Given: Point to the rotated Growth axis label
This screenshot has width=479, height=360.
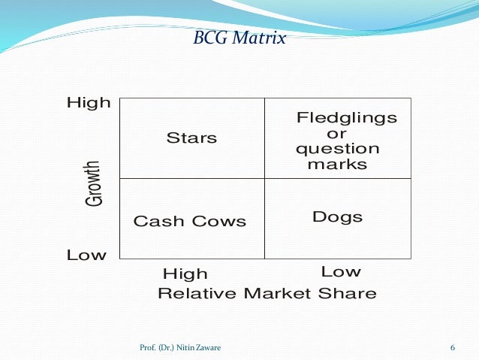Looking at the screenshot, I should pos(93,183).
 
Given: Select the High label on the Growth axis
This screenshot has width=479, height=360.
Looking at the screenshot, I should pos(89,103).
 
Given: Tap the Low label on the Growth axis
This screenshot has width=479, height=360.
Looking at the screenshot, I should pos(86,256).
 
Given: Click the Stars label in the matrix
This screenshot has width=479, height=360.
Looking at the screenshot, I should pos(191,138).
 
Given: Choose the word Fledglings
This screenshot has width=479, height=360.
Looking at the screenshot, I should pos(346,119).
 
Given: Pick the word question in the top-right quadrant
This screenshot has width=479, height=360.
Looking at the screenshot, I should pos(337,149).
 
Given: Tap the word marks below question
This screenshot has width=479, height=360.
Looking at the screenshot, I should pos(337,164).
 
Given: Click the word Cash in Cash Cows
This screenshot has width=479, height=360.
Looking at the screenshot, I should pos(155,222).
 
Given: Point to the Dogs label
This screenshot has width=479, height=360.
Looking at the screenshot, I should pos(337,217).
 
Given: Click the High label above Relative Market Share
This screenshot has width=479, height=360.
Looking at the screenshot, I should pos(185,274).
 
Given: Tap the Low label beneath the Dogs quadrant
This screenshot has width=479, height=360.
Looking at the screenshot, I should pos(340,271).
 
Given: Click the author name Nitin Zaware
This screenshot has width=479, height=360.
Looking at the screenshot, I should pos(198,347).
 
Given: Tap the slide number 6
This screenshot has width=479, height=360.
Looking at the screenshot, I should pos(453,347).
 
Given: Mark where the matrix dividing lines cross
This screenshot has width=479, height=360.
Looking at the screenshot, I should pos(264,179).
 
